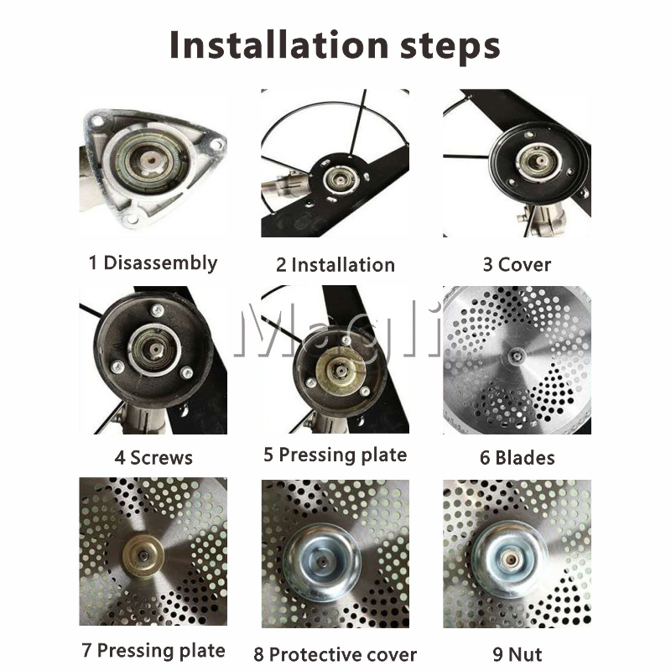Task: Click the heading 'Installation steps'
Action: [335, 45]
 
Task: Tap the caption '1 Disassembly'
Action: [153, 263]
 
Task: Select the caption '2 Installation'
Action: [335, 265]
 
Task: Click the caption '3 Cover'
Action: [517, 264]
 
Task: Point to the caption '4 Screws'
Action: [153, 457]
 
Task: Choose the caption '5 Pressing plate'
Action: [335, 455]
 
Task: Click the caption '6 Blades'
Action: [517, 457]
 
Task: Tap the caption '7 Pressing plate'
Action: [153, 651]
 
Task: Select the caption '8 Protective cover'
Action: [335, 654]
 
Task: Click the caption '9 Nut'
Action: [517, 654]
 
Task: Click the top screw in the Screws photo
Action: [157, 309]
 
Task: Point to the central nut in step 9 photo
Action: [509, 559]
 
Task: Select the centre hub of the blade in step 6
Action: [515, 356]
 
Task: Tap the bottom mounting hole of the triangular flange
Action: [133, 220]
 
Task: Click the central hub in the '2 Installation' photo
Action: [340, 179]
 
